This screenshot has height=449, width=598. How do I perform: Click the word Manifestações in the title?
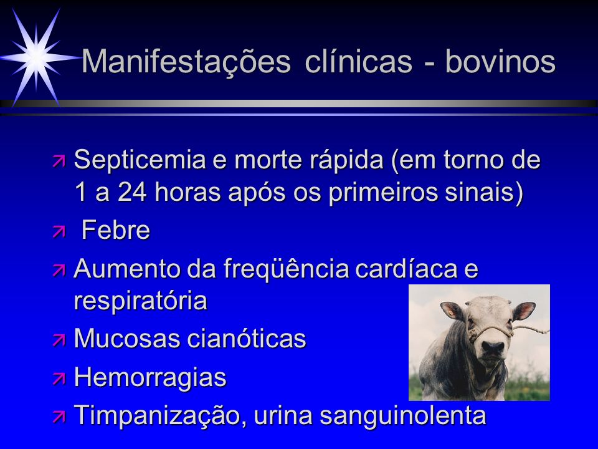pyautogui.click(x=186, y=62)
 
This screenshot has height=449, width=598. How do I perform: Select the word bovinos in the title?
pyautogui.click(x=500, y=61)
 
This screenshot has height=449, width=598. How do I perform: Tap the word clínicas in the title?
pyautogui.click(x=359, y=61)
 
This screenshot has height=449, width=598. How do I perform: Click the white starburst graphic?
pyautogui.click(x=37, y=57)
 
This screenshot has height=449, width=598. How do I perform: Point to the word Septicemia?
pyautogui.click(x=140, y=160)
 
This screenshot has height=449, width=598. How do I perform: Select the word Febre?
pyautogui.click(x=116, y=230)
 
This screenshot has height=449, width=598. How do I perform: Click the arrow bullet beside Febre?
pyautogui.click(x=59, y=231)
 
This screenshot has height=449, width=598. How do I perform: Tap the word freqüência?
pyautogui.click(x=286, y=268)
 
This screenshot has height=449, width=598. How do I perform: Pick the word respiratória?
pyautogui.click(x=140, y=301)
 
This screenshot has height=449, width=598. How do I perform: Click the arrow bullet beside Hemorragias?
pyautogui.click(x=59, y=379)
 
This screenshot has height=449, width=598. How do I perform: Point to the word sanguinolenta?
pyautogui.click(x=403, y=415)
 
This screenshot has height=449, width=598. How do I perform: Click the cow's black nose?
pyautogui.click(x=492, y=347)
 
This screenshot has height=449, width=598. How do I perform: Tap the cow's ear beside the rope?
pyautogui.click(x=524, y=311)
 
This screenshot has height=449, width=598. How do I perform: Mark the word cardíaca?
pyautogui.click(x=406, y=268)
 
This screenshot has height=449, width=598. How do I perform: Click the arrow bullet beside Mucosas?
pyautogui.click(x=59, y=339)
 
